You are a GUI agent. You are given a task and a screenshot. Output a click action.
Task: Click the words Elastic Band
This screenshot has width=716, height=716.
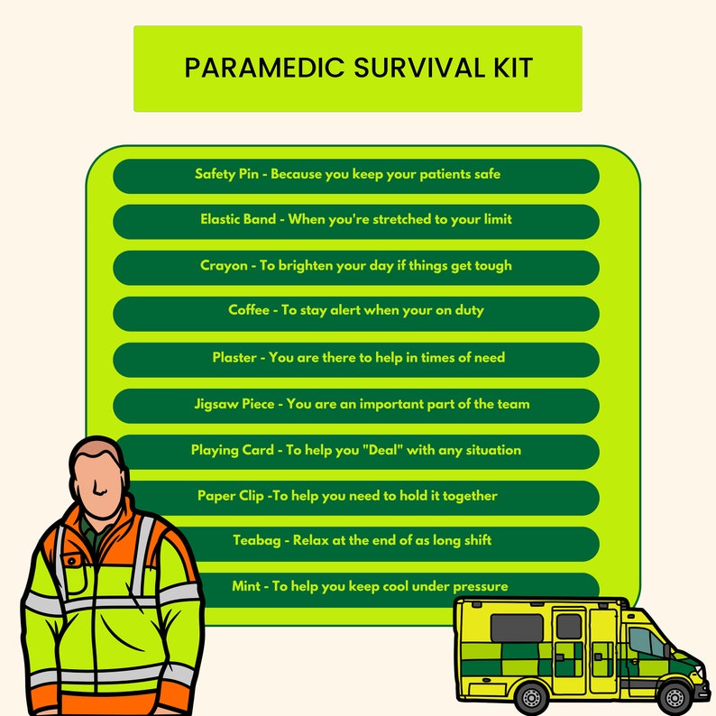[x=238, y=219]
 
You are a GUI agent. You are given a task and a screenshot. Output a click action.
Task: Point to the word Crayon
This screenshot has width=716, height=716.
[x=223, y=265]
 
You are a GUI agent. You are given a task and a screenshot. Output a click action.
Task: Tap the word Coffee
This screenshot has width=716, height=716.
[x=248, y=310]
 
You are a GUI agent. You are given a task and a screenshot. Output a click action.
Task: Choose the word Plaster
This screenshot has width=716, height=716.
[x=234, y=357]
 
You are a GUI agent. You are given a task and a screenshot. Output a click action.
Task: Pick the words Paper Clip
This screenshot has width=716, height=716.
[x=231, y=495]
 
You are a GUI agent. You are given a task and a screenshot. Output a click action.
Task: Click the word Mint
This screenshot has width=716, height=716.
[x=246, y=586]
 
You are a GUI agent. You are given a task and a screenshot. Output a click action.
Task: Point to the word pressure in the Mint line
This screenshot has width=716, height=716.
[x=478, y=586]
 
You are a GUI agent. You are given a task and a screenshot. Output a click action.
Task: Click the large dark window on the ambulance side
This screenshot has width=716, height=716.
[x=516, y=628]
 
